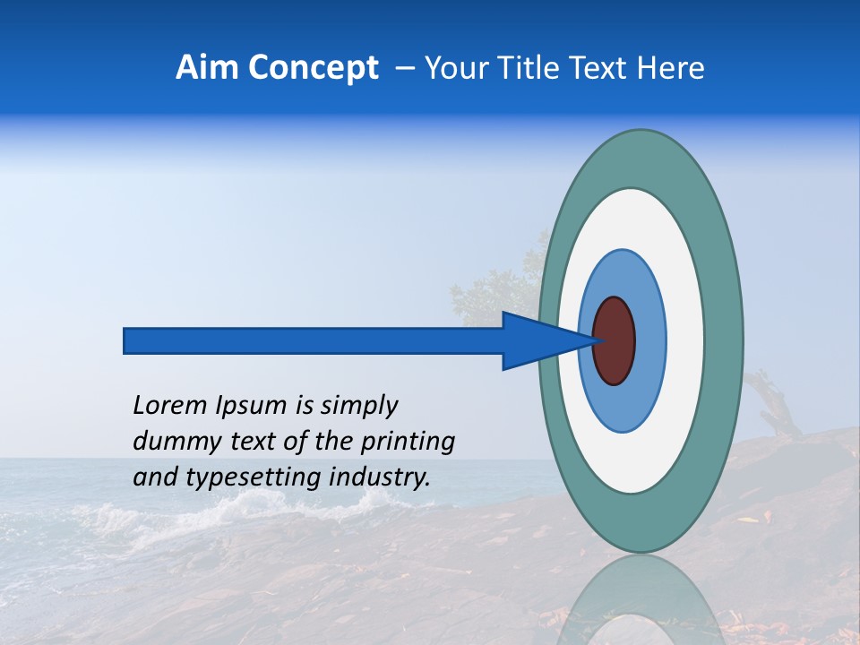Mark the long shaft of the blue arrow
pyautogui.click(x=314, y=340)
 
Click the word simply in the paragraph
pyautogui.click(x=358, y=407)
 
